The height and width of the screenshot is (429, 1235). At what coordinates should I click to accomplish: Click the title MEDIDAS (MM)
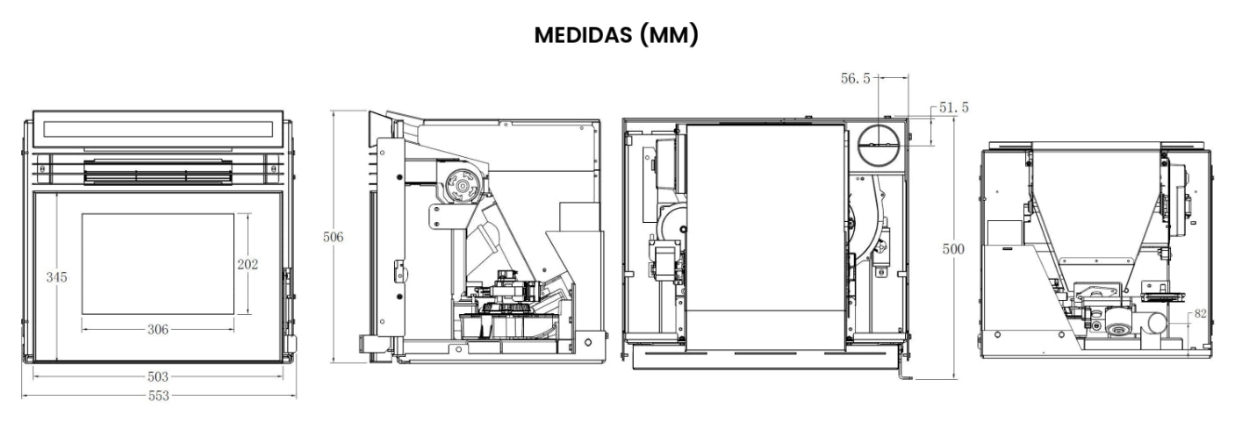tap(616, 37)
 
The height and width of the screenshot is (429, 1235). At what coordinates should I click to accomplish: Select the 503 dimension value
tap(158, 376)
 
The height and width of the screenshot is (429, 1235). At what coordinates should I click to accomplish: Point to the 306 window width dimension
tap(158, 329)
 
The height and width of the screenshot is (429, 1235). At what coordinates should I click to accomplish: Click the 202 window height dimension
tap(248, 264)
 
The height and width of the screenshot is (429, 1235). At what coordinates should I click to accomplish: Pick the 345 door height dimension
tap(56, 277)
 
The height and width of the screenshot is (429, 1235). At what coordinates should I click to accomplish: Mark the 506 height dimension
tap(333, 238)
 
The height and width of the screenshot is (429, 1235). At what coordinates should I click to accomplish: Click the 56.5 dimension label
tap(855, 79)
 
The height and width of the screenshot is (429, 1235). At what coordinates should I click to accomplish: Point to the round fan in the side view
tap(459, 183)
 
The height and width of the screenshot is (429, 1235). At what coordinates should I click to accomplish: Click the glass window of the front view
tap(158, 263)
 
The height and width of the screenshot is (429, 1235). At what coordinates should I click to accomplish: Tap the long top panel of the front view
tap(158, 129)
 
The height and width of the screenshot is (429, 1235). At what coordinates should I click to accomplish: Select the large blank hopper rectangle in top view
tap(765, 237)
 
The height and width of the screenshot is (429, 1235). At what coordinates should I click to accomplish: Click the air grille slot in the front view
tap(158, 173)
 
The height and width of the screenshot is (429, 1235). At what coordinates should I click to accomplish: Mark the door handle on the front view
tap(287, 285)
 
